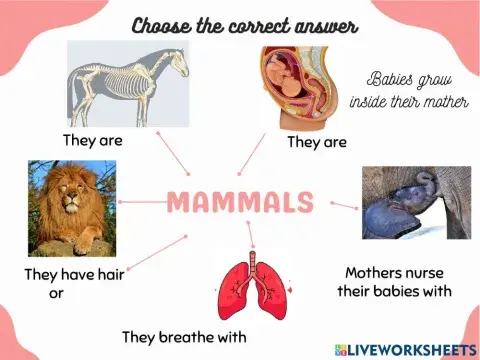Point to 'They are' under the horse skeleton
[92, 141]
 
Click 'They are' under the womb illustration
[316, 142]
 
